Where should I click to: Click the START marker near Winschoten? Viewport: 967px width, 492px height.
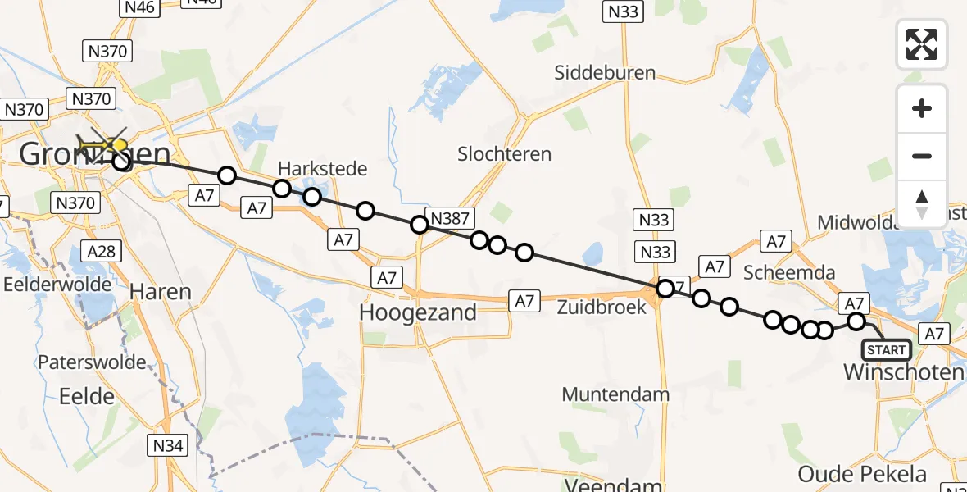coord(886,350)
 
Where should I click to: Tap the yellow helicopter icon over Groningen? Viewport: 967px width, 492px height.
coord(103,146)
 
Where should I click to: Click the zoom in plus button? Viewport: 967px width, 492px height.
coord(922,108)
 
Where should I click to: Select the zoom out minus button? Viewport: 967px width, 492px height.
coord(922,156)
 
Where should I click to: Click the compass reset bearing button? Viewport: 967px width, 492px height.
coord(922,203)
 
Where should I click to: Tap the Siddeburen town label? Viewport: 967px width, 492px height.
coord(605,72)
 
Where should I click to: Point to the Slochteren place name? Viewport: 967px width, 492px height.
coord(504,153)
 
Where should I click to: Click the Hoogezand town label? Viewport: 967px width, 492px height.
coord(418,312)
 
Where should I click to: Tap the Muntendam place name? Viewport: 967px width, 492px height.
coord(615,394)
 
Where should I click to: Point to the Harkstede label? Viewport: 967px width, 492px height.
coord(322,168)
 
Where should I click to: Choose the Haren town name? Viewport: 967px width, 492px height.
coord(161,291)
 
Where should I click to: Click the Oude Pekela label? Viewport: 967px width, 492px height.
coord(862,474)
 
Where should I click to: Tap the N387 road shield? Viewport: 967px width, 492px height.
coord(451,218)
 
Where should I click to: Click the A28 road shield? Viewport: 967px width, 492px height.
coord(102,252)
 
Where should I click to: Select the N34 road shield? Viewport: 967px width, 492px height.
coord(168,445)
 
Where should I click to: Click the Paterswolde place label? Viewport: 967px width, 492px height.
coord(92,362)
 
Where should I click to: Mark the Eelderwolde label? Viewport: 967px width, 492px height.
coord(57,284)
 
